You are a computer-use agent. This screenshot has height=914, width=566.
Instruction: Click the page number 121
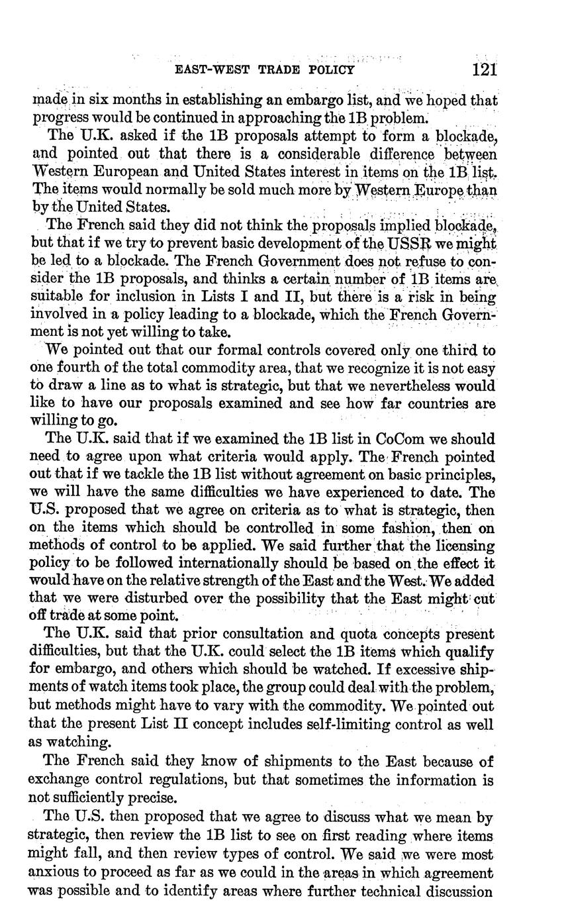[485, 69]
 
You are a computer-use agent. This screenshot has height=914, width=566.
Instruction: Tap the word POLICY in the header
[330, 70]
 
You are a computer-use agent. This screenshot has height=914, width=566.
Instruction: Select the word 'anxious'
[54, 874]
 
